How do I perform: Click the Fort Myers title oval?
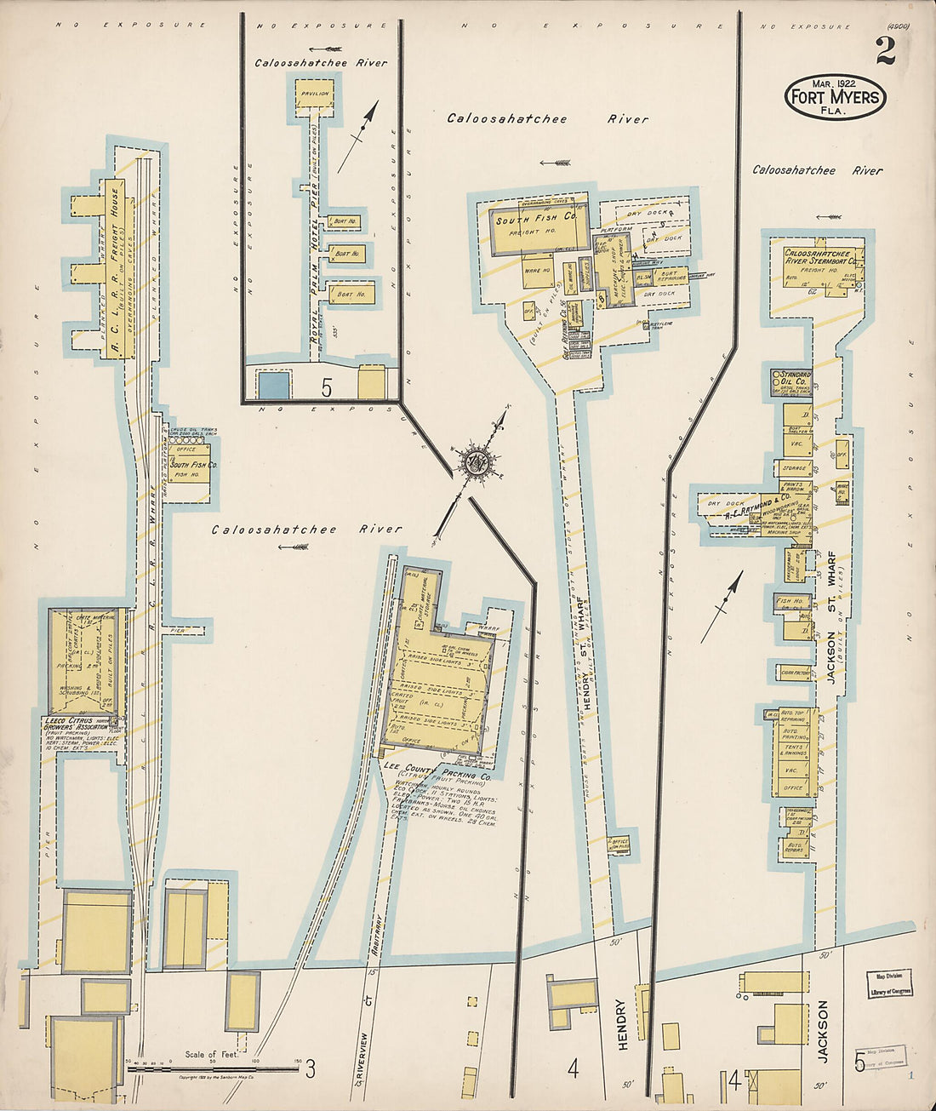point(835,96)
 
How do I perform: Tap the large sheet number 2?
point(885,52)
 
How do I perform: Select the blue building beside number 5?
point(274,385)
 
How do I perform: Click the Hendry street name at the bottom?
point(622,1024)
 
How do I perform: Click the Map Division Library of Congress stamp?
point(889,983)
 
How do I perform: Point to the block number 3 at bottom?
point(311,1068)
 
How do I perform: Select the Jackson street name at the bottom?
point(822,1030)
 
